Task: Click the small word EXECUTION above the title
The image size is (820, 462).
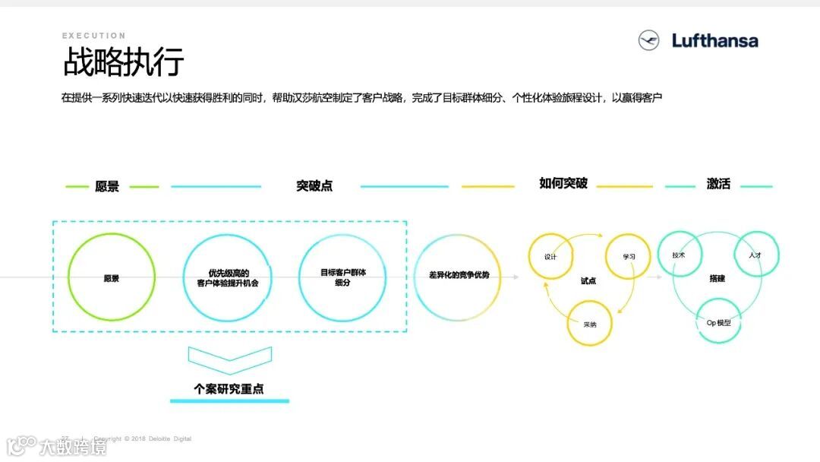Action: coord(94,36)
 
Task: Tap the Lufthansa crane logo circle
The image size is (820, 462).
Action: coord(649,40)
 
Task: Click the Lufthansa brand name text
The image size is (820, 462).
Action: coord(714,41)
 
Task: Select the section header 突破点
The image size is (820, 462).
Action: coord(314,186)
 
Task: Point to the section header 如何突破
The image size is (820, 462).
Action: coord(563,184)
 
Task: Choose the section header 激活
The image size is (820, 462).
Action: coord(718,184)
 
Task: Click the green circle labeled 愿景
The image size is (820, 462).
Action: coord(112,277)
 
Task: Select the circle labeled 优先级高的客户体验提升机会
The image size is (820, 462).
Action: coord(228,277)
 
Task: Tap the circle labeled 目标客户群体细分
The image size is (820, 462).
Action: coord(342,277)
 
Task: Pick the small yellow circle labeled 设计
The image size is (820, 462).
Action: coord(551,256)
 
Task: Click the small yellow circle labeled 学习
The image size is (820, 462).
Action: coord(629,256)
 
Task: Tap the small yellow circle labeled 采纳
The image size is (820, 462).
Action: coord(590,324)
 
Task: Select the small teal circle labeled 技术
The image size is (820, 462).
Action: coord(679,255)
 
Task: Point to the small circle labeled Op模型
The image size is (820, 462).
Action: coord(718,323)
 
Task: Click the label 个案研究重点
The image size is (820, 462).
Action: coord(229,388)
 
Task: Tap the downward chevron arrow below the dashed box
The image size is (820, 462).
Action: coord(229,359)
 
